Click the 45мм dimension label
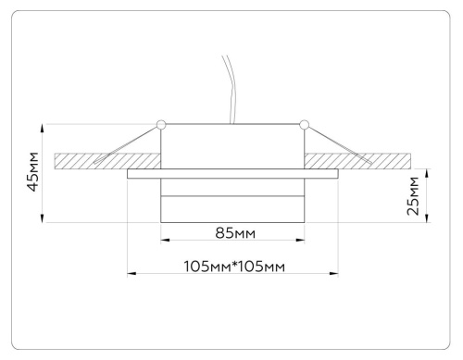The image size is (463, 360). [x=32, y=172]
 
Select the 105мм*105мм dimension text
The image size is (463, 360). [x=232, y=266]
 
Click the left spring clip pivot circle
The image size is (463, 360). [x=162, y=122]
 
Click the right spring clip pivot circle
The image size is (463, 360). [x=303, y=122]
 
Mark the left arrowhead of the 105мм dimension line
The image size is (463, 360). [x=131, y=273]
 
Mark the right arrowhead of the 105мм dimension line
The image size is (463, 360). [x=335, y=273]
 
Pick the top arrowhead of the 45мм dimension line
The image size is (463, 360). [x=44, y=128]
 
